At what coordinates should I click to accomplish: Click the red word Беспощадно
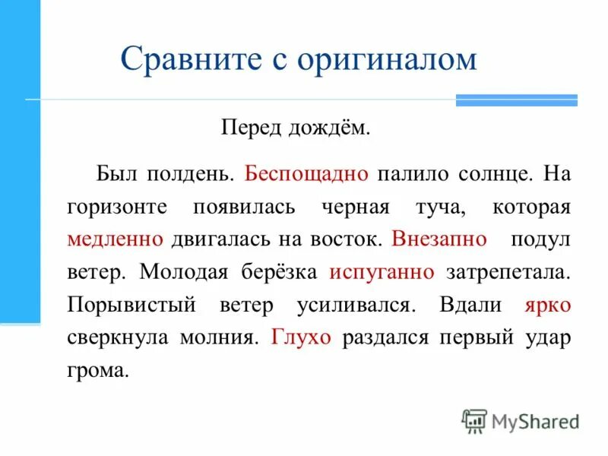(307, 173)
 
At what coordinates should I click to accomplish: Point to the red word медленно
(116, 239)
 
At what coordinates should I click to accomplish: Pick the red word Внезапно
(439, 239)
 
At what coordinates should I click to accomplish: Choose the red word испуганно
(382, 271)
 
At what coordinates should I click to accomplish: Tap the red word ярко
(547, 304)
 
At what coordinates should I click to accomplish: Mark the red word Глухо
(301, 337)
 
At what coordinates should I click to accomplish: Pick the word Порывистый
(121, 304)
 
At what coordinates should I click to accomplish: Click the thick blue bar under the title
(516, 100)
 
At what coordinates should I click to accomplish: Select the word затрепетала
(508, 271)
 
